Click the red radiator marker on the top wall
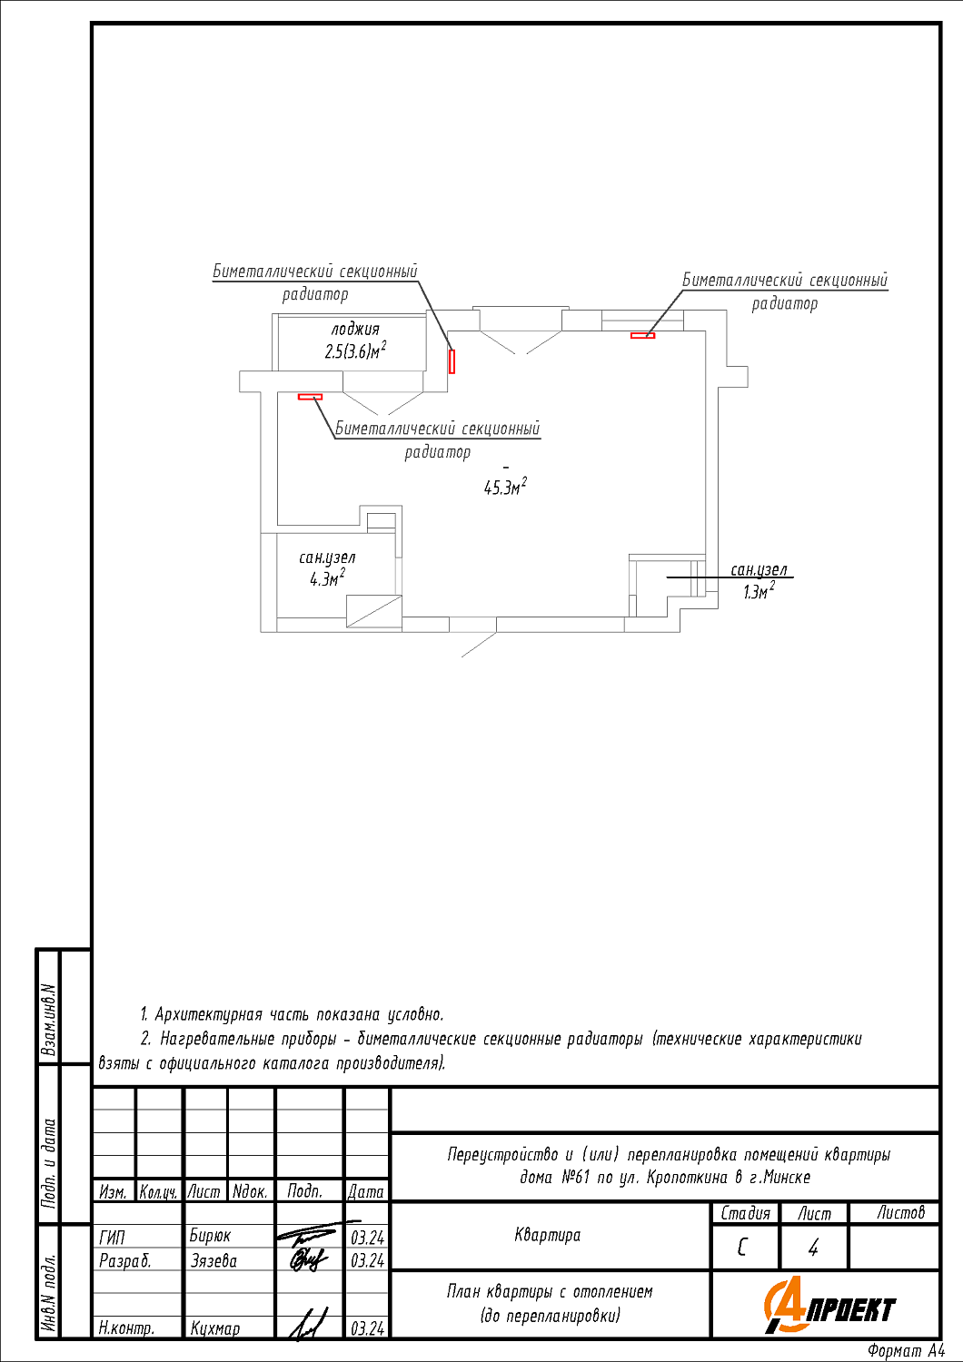tap(642, 336)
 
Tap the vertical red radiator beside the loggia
tap(452, 361)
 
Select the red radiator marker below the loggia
tap(310, 397)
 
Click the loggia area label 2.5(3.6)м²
tap(355, 351)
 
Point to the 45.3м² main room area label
tap(505, 488)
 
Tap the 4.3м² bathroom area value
tap(327, 578)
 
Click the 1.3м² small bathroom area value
tap(759, 592)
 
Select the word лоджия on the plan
tap(355, 330)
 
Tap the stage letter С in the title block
tap(742, 1248)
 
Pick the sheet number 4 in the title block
tap(813, 1248)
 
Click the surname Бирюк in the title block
tap(210, 1236)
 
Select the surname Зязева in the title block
tap(213, 1260)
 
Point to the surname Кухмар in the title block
tap(215, 1328)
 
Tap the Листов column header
tap(900, 1212)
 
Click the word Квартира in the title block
tap(547, 1235)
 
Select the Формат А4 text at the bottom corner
tap(906, 1351)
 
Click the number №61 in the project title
tap(576, 1178)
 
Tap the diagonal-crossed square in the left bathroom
tap(373, 610)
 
